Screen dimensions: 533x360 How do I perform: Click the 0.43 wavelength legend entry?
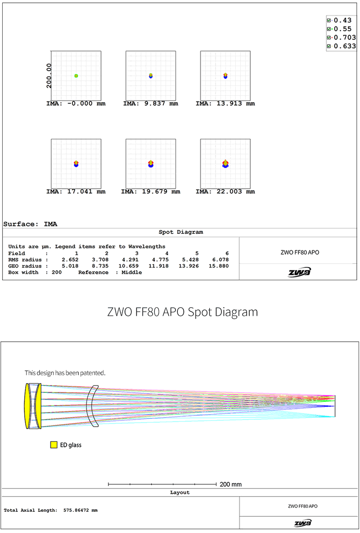pos(342,20)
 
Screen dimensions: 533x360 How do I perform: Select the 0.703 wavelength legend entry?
pos(345,37)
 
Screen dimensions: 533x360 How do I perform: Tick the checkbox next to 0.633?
pos(329,46)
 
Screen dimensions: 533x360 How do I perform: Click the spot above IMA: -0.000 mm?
pos(76,76)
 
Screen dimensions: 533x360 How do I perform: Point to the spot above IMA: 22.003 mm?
pos(225,164)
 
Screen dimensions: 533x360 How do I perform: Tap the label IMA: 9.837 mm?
pos(150,103)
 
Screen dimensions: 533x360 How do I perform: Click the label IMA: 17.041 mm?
pos(76,192)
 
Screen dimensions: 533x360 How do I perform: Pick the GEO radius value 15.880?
pos(220,266)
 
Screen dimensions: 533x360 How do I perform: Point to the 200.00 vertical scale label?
pos(49,76)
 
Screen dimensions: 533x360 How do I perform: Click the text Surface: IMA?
pos(30,224)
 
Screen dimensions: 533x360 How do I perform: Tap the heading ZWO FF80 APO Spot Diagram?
pos(183,312)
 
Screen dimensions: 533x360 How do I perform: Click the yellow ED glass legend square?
pos(54,445)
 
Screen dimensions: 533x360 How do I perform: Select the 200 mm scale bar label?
pos(230,484)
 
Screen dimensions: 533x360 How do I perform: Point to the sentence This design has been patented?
pos(65,373)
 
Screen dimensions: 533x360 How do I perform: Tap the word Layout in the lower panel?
pos(180,493)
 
